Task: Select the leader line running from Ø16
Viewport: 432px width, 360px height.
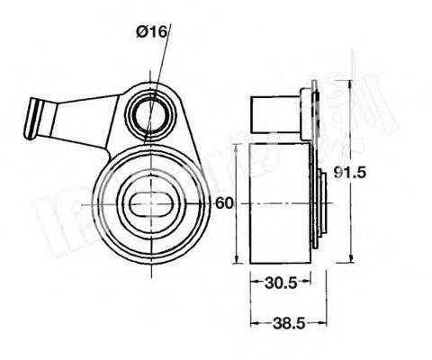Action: [161, 63]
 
